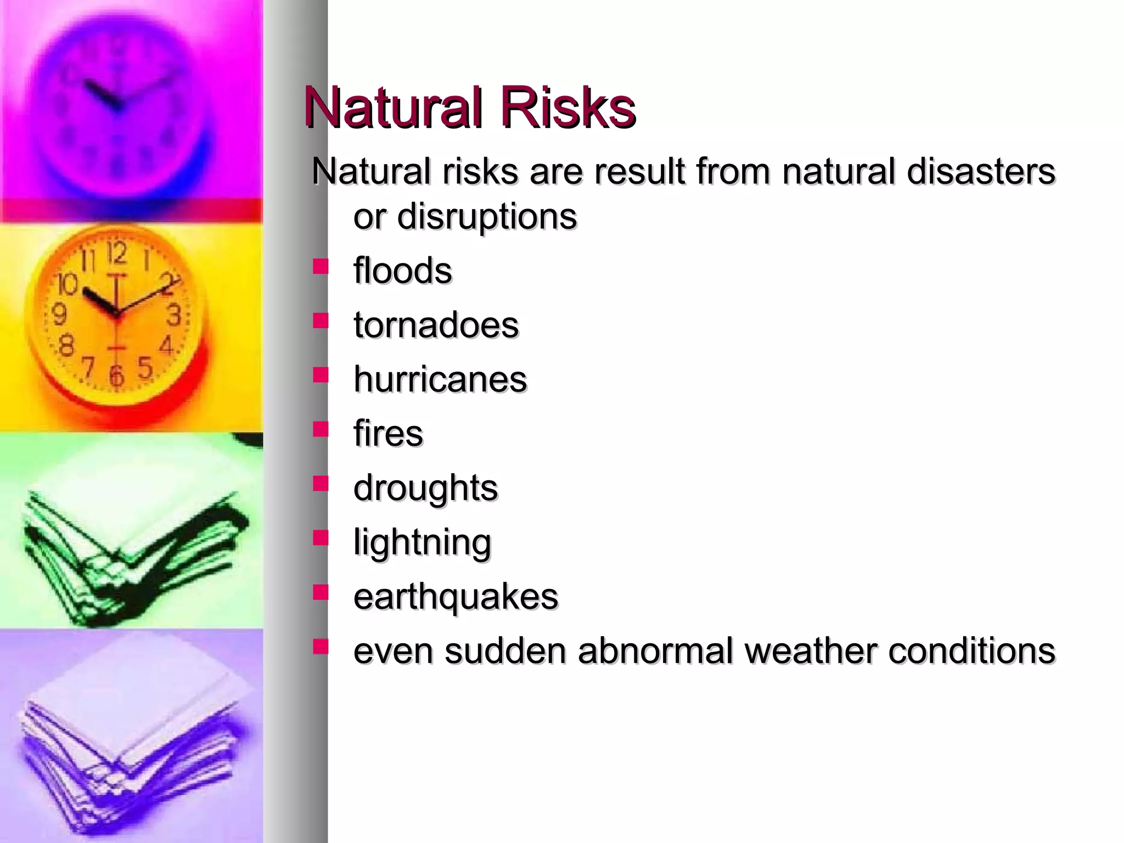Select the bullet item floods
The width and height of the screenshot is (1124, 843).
coord(402,271)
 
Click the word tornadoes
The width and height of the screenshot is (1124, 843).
coord(436,325)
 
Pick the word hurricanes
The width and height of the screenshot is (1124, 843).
coord(440,379)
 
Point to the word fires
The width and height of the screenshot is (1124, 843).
coord(388,434)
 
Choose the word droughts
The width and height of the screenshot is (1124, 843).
coord(425,488)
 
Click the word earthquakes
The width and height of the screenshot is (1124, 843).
coord(456,597)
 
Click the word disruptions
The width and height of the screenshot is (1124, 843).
coord(486,216)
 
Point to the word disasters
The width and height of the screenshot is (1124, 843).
coord(981,171)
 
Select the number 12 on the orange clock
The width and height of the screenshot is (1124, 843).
coord(116,254)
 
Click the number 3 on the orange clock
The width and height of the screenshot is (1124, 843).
coord(174,315)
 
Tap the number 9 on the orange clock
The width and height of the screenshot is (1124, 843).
coord(59,314)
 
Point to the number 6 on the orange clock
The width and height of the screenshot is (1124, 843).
coord(116,375)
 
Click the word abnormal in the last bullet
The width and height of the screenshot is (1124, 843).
coord(655,651)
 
